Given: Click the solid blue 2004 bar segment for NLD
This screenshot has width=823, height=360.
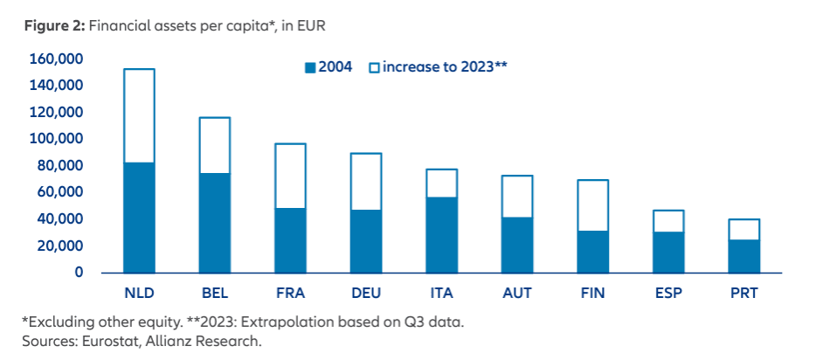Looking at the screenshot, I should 139,217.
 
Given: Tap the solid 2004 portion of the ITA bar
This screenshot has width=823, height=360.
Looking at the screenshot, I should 441,234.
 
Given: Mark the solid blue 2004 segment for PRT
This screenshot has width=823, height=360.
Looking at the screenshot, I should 744,255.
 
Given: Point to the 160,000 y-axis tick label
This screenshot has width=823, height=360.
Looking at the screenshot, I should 56,59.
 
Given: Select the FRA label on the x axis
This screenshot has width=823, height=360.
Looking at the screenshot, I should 290,294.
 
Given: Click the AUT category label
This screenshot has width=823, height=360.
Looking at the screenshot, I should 517,294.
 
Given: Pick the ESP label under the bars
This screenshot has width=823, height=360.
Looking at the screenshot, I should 668,294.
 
